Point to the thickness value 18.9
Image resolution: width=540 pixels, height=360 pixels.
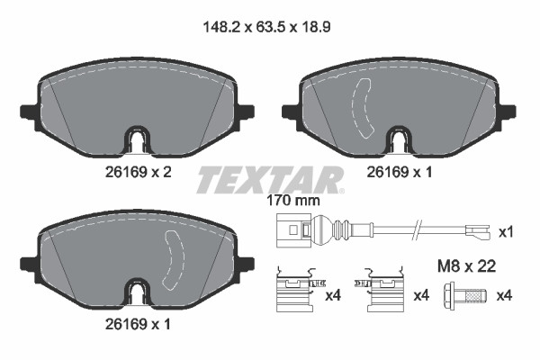319,28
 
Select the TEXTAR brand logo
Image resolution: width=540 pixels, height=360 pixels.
270,179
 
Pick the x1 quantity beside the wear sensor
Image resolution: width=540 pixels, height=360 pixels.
506,232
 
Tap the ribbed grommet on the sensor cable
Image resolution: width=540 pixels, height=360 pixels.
342,230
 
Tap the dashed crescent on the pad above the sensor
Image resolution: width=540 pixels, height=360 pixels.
365,106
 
